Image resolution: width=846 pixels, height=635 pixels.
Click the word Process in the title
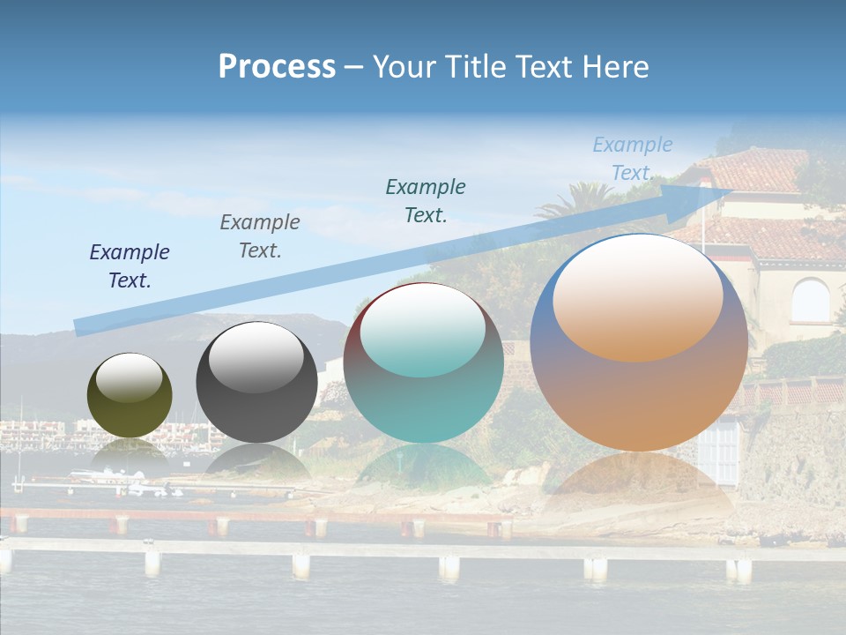277,66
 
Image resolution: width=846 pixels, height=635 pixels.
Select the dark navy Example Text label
130,265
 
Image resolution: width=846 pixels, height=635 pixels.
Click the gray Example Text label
260,235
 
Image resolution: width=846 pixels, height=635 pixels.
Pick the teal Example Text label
426,200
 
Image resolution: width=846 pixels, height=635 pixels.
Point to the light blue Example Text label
632,159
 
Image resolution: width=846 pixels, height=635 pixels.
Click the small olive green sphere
130,406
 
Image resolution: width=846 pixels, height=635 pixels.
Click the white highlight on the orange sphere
637,295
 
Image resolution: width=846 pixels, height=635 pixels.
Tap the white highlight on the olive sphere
129,377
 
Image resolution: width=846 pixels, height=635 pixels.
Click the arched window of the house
810,301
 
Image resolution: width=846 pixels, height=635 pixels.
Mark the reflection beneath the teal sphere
423,467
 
